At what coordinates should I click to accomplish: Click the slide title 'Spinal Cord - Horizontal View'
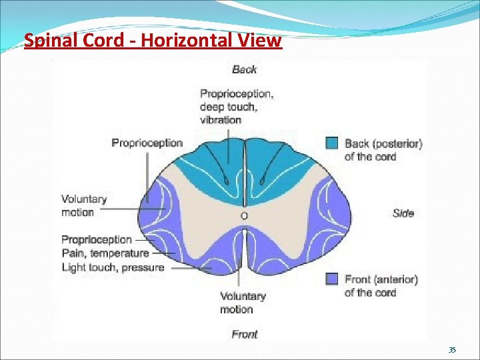153,41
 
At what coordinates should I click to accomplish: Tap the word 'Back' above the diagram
244,69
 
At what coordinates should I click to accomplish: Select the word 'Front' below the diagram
244,334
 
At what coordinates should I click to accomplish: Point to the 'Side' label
403,213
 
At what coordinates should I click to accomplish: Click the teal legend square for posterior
332,143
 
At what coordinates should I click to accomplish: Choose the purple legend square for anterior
332,279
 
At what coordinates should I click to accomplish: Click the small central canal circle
244,216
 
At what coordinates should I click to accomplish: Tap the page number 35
451,350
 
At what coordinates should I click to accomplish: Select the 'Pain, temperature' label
105,253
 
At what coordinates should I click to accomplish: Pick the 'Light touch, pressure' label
112,267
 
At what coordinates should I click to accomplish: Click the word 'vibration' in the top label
220,120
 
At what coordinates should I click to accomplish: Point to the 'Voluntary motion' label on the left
83,205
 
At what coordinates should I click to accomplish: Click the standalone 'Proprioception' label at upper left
147,143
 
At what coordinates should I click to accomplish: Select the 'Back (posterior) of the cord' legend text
383,150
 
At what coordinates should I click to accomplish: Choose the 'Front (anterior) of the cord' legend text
381,285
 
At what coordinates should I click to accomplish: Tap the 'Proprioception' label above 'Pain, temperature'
97,239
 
